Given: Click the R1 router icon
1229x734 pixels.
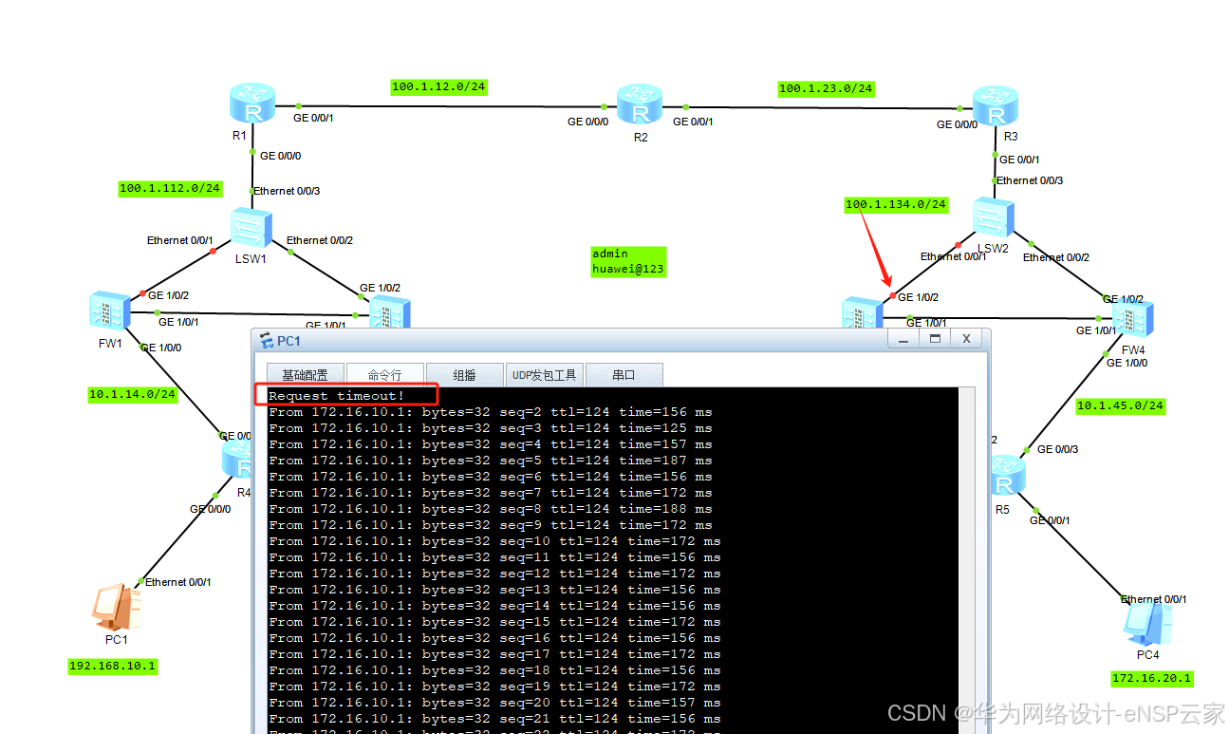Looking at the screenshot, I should tap(251, 104).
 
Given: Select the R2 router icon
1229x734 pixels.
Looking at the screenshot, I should tap(639, 105).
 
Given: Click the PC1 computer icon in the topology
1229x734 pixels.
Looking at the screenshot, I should tap(116, 608).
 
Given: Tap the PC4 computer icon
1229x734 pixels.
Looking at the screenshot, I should tap(1146, 622).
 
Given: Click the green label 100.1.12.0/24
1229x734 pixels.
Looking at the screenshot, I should tap(438, 87).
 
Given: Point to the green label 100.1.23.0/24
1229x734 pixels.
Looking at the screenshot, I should tap(826, 88).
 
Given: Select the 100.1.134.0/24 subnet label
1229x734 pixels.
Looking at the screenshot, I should tap(896, 204).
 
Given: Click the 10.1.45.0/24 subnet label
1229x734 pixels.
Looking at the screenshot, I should tap(1120, 405).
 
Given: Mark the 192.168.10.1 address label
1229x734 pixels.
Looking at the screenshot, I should tap(113, 666).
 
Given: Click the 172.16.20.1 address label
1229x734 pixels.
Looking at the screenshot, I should tap(1151, 678).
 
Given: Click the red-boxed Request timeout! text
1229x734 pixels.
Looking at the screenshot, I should tap(337, 395).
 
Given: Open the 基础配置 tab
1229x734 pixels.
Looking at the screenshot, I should tap(298, 375).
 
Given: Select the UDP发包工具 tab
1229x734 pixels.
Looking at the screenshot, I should tap(544, 375).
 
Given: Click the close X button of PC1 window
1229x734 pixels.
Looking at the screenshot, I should tap(966, 338).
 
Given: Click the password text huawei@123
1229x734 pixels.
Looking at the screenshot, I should tap(628, 269).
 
